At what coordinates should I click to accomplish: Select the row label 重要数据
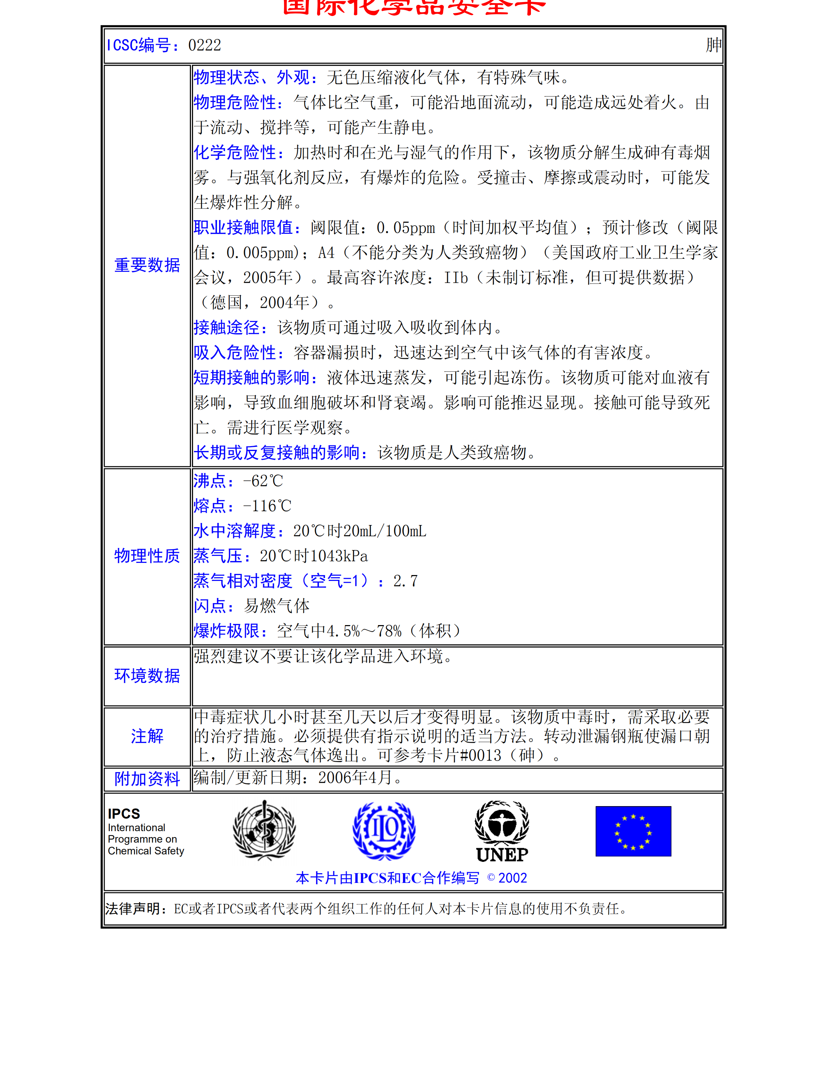(x=147, y=265)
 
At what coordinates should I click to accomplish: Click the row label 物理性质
(x=147, y=556)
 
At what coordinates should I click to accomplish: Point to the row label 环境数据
(x=147, y=676)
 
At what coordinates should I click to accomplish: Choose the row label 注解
(x=147, y=736)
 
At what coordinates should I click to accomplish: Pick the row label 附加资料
(x=147, y=779)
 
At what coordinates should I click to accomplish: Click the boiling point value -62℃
(x=263, y=481)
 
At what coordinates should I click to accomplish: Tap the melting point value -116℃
(x=267, y=506)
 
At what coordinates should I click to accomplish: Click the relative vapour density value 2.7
(x=405, y=581)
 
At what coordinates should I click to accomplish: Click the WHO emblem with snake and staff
(x=264, y=830)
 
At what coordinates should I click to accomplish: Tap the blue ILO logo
(x=384, y=830)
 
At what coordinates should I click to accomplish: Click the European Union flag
(x=633, y=831)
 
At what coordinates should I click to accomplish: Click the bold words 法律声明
(x=133, y=909)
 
